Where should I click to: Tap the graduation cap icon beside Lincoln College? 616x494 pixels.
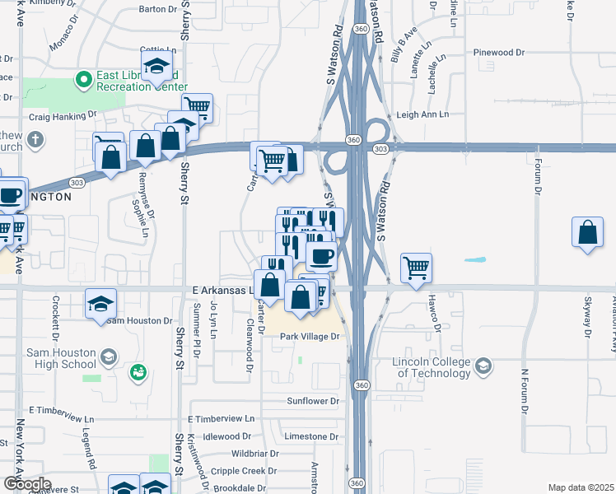coord(485,365)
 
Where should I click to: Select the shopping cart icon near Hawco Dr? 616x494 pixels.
coord(416,268)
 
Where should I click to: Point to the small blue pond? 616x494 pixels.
coord(474,260)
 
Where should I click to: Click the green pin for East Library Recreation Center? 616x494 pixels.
coord(82,80)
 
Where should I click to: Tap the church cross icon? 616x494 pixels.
coord(34,139)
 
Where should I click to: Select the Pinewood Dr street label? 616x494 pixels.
coord(499,53)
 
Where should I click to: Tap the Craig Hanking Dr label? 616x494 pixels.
coord(63,116)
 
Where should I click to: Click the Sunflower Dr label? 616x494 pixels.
coord(312,401)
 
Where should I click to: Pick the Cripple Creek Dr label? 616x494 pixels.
coord(242,471)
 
